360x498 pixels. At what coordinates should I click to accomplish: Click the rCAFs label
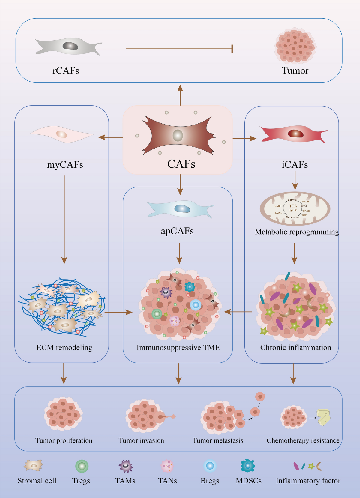tap(66, 71)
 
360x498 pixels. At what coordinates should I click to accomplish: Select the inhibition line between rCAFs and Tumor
tap(179, 49)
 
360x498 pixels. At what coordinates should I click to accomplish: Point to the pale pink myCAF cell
tap(61, 134)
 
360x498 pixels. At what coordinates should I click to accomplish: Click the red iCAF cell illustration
tap(294, 134)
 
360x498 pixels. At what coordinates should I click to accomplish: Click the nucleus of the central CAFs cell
tap(178, 135)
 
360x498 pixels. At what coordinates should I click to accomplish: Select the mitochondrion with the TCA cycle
tap(295, 208)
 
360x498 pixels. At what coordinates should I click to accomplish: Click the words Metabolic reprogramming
tap(297, 232)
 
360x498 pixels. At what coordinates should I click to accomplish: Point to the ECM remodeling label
tap(64, 348)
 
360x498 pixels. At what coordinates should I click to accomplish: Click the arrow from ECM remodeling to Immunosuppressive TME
tap(118, 312)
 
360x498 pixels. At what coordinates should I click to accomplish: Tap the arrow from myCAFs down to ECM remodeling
tap(64, 219)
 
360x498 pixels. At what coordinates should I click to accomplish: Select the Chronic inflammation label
tap(295, 348)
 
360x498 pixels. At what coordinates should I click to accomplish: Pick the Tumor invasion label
tap(141, 440)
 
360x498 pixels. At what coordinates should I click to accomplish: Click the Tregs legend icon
tap(82, 466)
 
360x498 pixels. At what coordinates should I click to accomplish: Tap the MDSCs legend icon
tap(248, 466)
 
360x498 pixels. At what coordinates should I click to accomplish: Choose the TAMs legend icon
tap(126, 466)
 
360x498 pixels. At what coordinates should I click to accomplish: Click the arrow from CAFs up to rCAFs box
tap(180, 95)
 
